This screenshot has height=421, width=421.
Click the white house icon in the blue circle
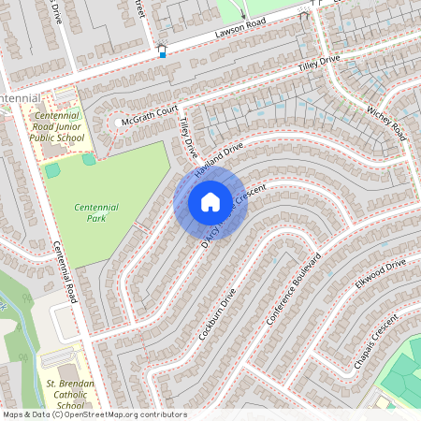coord(210,202)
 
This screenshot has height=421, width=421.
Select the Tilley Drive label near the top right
coord(318,64)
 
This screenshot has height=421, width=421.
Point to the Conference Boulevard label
coord(293,289)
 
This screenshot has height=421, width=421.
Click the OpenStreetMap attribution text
coord(94,414)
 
